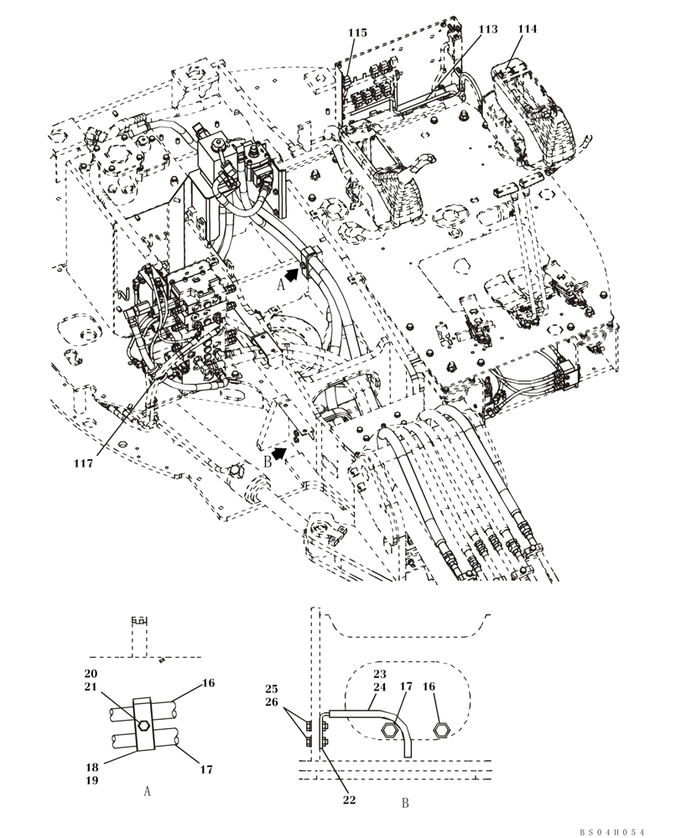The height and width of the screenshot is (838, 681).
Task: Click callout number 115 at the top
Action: click(357, 32)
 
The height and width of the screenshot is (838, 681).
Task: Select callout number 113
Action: click(487, 28)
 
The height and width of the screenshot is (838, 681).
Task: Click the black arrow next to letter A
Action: click(290, 273)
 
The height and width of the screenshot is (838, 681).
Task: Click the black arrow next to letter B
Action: click(279, 453)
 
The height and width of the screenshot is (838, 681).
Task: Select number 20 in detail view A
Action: click(91, 674)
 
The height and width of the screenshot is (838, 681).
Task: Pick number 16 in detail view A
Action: click(208, 683)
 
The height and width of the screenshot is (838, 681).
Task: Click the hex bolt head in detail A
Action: click(143, 726)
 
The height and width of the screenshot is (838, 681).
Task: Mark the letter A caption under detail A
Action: click(147, 790)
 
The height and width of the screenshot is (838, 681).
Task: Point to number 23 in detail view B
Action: click(379, 673)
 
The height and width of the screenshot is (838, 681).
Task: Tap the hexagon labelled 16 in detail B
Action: click(438, 732)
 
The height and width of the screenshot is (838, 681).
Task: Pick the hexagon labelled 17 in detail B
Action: click(388, 732)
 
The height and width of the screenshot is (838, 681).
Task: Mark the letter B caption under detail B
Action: click(404, 803)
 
